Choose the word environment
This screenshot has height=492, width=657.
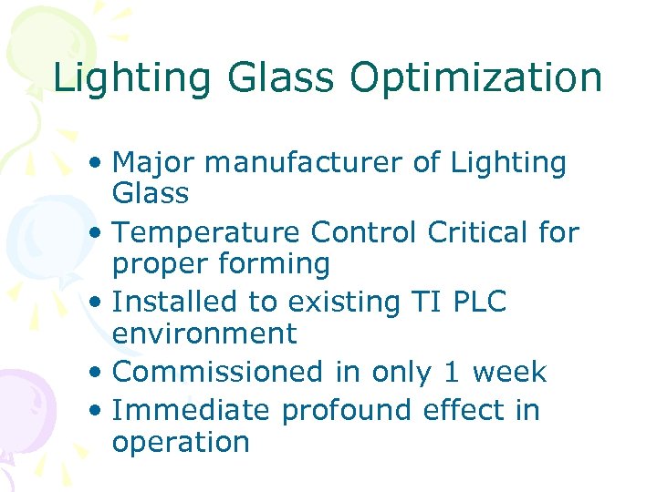204,333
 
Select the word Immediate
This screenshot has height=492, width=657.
191,411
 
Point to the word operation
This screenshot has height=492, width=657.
181,442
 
